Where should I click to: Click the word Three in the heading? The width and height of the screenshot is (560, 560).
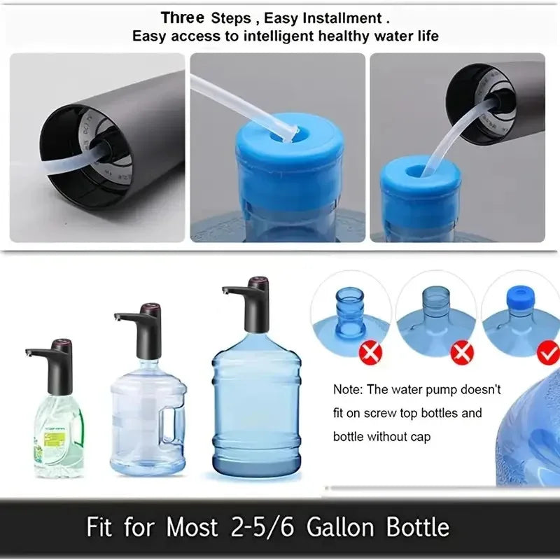pyautogui.click(x=183, y=17)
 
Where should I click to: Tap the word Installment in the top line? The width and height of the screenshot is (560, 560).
pyautogui.click(x=347, y=17)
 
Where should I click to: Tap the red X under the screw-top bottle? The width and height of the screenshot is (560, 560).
pyautogui.click(x=370, y=353)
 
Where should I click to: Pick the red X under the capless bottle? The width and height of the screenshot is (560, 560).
pyautogui.click(x=461, y=353)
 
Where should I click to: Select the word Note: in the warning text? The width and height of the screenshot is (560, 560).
pyautogui.click(x=349, y=389)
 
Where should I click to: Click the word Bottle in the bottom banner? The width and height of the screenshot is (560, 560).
pyautogui.click(x=417, y=526)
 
